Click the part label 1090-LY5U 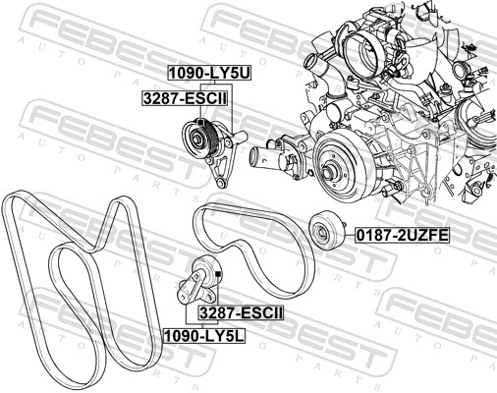click(x=209, y=73)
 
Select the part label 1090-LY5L click(x=204, y=335)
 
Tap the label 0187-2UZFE click(x=402, y=235)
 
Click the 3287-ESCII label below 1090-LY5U click(x=185, y=98)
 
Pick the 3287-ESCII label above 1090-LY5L click(x=241, y=313)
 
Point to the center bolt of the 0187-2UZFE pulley click(x=322, y=233)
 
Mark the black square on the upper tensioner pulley click(x=200, y=123)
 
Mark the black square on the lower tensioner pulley click(x=218, y=273)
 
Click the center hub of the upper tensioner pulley click(x=197, y=137)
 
